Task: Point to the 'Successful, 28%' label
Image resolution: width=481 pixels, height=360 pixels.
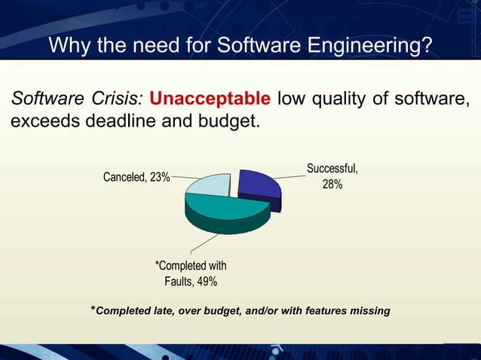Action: pyautogui.click(x=332, y=175)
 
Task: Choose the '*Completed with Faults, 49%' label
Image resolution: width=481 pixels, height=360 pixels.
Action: pyautogui.click(x=191, y=273)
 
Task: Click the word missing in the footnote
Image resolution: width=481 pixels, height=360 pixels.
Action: pyautogui.click(x=370, y=310)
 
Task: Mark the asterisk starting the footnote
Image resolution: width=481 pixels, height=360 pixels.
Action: pyautogui.click(x=93, y=308)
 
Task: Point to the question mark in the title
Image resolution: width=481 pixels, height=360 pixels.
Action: pyautogui.click(x=426, y=47)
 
